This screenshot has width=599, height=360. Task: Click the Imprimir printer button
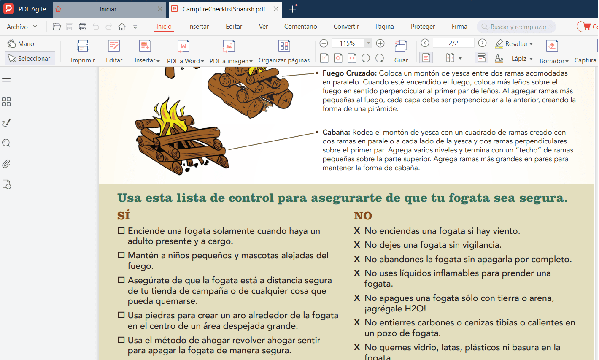pyautogui.click(x=83, y=51)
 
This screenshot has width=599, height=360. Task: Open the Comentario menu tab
pyautogui.click(x=300, y=27)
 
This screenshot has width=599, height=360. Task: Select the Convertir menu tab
pyautogui.click(x=346, y=27)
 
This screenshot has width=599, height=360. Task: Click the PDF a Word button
pyautogui.click(x=185, y=51)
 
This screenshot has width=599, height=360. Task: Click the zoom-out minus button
pyautogui.click(x=324, y=43)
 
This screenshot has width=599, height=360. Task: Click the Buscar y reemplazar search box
pyautogui.click(x=518, y=27)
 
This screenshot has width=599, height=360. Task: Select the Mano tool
pyautogui.click(x=21, y=44)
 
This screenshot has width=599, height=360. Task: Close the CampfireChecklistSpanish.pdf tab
pyautogui.click(x=276, y=9)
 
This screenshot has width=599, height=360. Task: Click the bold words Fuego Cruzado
pyautogui.click(x=349, y=73)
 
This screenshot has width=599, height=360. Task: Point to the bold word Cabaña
pyautogui.click(x=336, y=133)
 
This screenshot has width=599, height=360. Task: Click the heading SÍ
pyautogui.click(x=124, y=216)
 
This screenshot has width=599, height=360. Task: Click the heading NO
pyautogui.click(x=363, y=216)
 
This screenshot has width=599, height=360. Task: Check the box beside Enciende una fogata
pyautogui.click(x=121, y=231)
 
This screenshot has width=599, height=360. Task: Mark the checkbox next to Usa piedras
pyautogui.click(x=121, y=315)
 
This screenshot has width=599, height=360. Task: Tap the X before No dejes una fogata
pyautogui.click(x=357, y=245)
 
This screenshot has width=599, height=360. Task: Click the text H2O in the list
pyautogui.click(x=415, y=309)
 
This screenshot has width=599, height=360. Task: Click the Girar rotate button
pyautogui.click(x=401, y=51)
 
